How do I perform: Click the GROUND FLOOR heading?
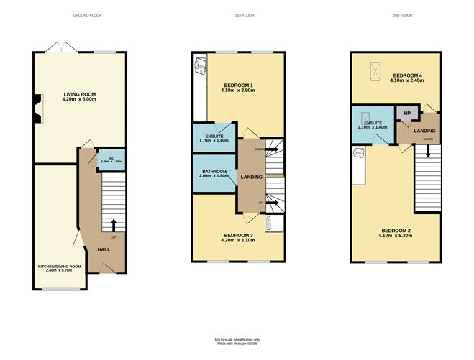(x=87, y=15)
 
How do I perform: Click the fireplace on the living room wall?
(x=38, y=106)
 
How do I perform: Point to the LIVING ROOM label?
(x=79, y=94)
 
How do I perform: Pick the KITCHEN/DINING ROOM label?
(x=59, y=267)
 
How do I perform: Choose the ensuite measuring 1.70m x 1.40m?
(x=213, y=138)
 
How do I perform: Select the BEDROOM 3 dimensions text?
(x=238, y=240)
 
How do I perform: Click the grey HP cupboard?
(x=406, y=114)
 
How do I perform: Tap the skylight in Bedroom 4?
(x=373, y=70)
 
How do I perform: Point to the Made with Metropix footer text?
(x=237, y=343)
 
